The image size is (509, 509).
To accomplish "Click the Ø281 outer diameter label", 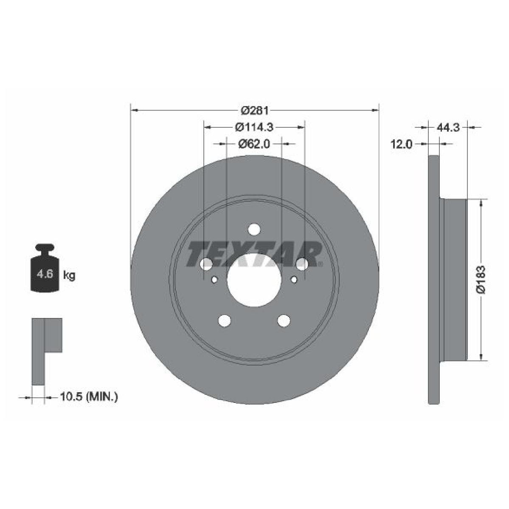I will click(255, 110).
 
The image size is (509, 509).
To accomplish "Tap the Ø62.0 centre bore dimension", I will click(254, 144).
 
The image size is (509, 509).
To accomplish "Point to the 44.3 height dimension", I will click(448, 127).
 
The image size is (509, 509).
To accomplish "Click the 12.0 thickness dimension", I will click(401, 144).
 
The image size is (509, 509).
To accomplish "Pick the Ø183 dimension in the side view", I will click(481, 280).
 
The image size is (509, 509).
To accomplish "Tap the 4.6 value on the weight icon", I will click(44, 274).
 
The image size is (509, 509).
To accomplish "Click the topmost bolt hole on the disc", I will click(254, 229).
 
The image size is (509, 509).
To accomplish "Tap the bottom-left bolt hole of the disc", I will click(224, 321).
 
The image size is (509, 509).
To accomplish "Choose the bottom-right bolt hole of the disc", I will click(284, 321).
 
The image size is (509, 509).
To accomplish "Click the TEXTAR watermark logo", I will click(254, 255).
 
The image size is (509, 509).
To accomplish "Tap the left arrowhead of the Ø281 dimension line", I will click(134, 110).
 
